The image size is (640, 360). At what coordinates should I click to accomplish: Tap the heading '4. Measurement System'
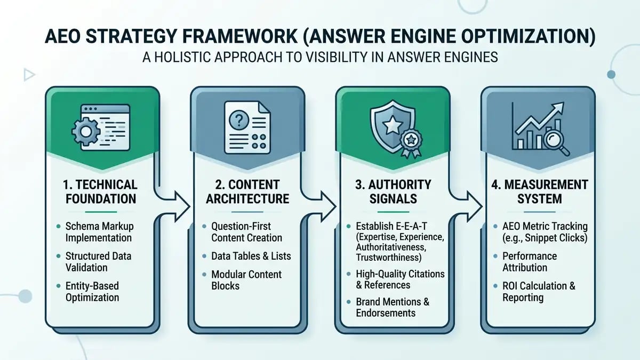tap(539, 191)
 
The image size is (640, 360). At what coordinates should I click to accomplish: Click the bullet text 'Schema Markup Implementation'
tap(99, 231)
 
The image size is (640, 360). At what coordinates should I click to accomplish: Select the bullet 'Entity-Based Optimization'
tap(92, 291)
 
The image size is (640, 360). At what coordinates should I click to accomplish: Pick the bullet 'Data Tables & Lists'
tap(251, 256)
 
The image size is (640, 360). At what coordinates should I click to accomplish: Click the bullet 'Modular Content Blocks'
tap(246, 280)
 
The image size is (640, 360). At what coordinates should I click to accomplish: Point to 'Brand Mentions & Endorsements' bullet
tap(393, 307)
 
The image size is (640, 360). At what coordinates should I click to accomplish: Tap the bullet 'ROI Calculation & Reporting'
tap(539, 292)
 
